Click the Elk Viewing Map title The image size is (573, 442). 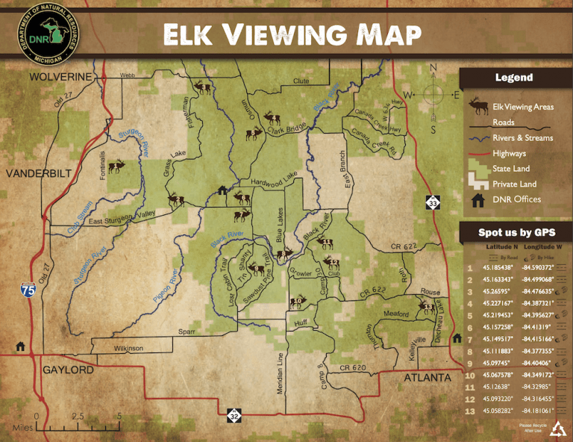292,34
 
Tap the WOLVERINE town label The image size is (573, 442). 60,77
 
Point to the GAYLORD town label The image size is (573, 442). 68,370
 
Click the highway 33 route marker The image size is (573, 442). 433,202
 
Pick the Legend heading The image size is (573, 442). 514,78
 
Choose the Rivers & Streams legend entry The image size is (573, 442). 522,137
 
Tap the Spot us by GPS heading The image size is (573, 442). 516,232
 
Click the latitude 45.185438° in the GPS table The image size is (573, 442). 500,267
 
